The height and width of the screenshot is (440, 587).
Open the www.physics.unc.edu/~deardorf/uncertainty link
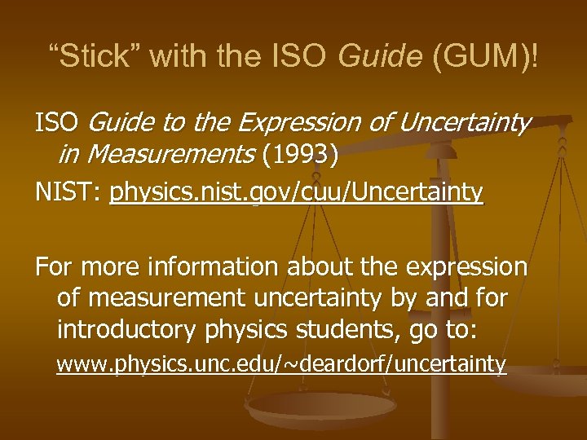(281, 364)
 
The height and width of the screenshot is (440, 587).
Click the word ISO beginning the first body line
(55, 124)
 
